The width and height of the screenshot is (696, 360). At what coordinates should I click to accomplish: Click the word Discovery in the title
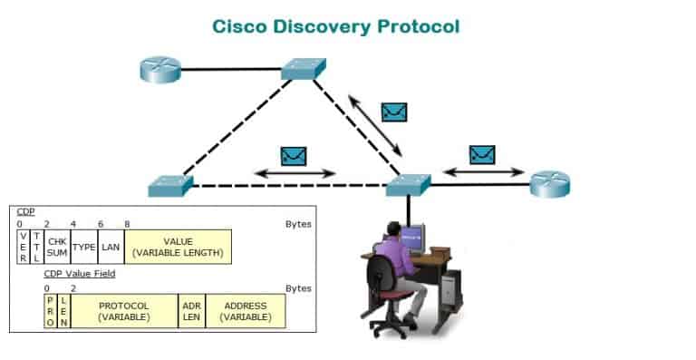tap(322, 26)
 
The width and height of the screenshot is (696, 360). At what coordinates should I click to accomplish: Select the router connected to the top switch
tap(160, 69)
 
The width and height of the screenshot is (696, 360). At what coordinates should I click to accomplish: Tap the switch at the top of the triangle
tap(304, 69)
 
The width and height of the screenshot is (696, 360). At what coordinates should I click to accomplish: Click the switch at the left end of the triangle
tap(170, 186)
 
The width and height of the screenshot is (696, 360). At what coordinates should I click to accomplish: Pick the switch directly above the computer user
tap(409, 185)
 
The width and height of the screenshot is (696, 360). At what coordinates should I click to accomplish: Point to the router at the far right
tap(550, 184)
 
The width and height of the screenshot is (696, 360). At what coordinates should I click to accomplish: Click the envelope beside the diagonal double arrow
tap(394, 112)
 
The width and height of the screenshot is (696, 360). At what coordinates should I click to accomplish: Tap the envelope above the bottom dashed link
tap(294, 156)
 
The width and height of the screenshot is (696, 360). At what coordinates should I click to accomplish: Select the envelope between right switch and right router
tap(482, 154)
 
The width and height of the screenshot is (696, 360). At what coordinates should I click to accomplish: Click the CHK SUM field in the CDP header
tap(57, 247)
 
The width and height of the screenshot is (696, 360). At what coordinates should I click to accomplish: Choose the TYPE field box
tap(84, 247)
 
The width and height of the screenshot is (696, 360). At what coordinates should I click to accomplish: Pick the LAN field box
tap(111, 247)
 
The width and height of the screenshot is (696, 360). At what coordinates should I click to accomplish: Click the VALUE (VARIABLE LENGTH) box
tap(178, 247)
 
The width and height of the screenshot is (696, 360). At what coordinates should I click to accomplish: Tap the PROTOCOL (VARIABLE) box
tap(124, 311)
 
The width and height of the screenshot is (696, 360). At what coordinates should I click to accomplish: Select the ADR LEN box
tap(192, 311)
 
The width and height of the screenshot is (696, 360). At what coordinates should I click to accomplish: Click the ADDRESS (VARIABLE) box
tap(246, 311)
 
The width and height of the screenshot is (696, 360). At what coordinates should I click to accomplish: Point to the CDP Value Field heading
tap(80, 274)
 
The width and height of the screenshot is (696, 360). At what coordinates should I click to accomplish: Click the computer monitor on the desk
tap(412, 238)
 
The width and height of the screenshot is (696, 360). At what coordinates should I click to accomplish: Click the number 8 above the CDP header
tap(127, 224)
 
